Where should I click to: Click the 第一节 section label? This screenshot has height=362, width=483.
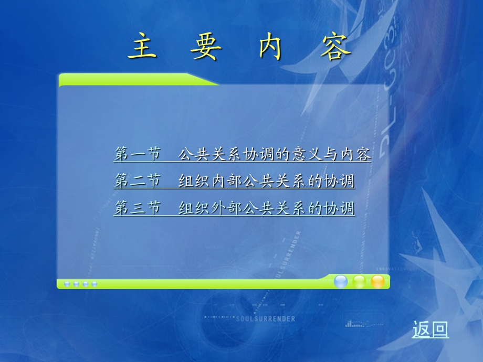click(137, 154)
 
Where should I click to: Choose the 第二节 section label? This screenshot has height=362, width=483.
click(137, 182)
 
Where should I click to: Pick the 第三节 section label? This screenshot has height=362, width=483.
click(137, 208)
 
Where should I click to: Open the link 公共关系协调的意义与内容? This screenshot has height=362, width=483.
click(275, 154)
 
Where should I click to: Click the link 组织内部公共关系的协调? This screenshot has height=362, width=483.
click(266, 182)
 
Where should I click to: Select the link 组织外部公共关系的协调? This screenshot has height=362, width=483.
click(266, 208)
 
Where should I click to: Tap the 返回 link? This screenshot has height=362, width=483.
click(430, 329)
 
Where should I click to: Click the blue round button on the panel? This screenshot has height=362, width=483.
click(341, 282)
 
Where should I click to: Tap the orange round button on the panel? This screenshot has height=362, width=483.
click(377, 282)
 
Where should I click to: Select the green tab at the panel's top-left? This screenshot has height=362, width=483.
click(131, 80)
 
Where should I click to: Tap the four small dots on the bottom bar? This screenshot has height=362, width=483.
click(80, 284)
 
